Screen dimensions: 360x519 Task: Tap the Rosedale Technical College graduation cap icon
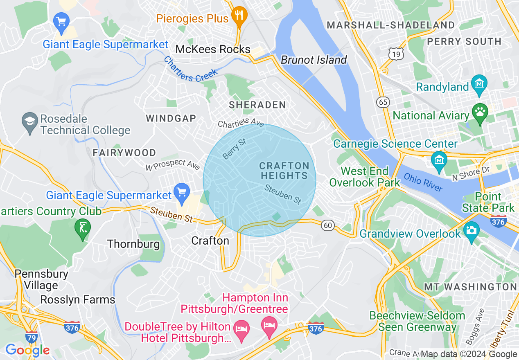pos(30,122)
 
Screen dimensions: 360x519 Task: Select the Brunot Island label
pos(314,60)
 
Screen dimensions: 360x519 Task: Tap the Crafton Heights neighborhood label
pos(284,171)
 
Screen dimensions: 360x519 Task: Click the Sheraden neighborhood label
pos(257,105)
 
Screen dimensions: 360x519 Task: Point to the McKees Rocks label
pos(212,49)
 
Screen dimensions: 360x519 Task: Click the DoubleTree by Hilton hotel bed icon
pos(241,328)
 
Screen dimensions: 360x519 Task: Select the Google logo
pos(27,350)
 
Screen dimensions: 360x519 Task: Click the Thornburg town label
pos(133,244)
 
